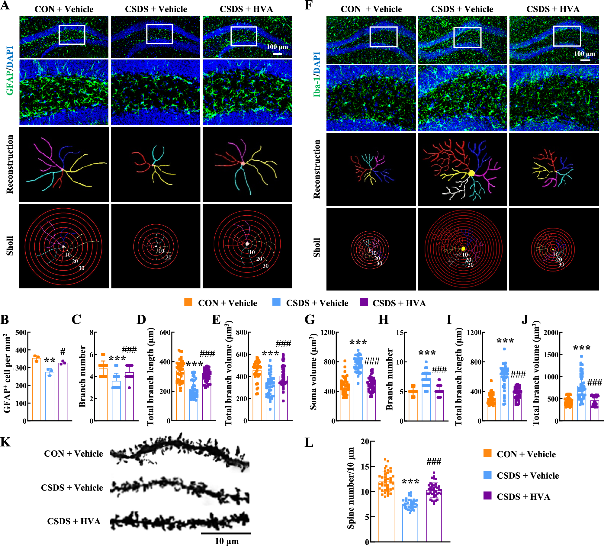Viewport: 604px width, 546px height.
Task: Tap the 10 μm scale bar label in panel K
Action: click(x=226, y=541)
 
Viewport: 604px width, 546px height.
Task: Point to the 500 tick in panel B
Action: click(x=21, y=332)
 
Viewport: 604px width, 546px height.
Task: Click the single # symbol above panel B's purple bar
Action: click(x=63, y=352)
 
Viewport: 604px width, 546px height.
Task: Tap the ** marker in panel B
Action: click(x=50, y=361)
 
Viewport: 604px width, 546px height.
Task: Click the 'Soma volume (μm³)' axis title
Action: click(x=313, y=372)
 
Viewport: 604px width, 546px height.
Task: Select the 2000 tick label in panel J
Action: click(x=551, y=332)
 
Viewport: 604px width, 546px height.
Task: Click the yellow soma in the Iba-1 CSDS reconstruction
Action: click(x=471, y=173)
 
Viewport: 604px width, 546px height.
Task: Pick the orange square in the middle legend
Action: click(x=188, y=302)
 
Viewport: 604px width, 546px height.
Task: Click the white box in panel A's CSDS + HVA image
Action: click(x=244, y=36)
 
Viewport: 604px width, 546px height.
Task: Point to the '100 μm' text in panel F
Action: click(x=584, y=54)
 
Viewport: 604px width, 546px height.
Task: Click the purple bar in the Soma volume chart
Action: click(x=371, y=402)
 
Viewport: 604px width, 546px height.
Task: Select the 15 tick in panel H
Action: click(x=400, y=332)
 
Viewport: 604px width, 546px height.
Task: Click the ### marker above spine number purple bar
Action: click(x=434, y=461)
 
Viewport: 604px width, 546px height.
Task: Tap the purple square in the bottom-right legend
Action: click(x=487, y=496)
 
